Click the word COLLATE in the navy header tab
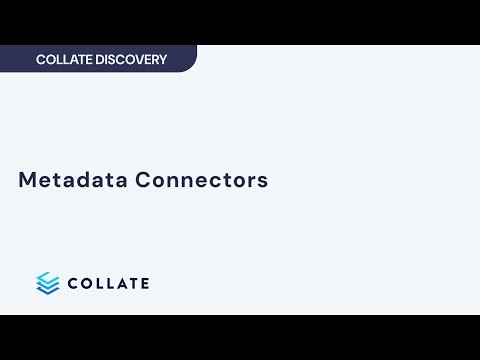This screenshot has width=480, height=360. [64, 60]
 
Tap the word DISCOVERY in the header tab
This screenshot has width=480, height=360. [131, 60]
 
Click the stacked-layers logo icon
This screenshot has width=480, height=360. [48, 283]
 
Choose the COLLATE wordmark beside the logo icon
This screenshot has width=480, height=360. [108, 283]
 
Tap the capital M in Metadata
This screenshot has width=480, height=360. [28, 181]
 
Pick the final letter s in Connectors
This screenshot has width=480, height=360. [264, 182]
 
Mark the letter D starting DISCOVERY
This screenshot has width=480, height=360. [101, 60]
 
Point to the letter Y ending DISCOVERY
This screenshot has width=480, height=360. [162, 60]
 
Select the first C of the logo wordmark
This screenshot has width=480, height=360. [73, 283]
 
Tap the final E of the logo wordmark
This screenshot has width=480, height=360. [144, 283]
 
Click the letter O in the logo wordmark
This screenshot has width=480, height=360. [86, 283]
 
